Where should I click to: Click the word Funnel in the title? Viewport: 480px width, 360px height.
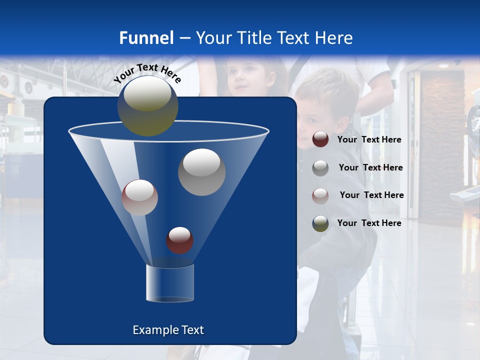coord(146,38)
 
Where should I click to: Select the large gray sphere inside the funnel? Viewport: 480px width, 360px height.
coord(201,172)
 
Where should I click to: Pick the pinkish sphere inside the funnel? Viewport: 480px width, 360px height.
coord(139,197)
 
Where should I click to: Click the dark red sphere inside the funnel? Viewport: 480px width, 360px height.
coord(179,240)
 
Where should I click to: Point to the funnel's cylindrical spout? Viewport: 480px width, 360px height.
coord(169,283)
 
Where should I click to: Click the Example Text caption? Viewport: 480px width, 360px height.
coord(168,330)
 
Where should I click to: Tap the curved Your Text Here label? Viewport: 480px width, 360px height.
coord(147,72)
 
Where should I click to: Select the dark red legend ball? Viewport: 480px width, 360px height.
coord(320,139)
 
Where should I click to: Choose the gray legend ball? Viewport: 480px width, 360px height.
coord(320,167)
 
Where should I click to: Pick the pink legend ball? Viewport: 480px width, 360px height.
coord(320,195)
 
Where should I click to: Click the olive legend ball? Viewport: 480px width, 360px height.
coord(320,223)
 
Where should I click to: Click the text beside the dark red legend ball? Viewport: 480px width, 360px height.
coord(369,140)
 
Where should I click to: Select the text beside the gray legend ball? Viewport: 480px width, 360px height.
coord(370,168)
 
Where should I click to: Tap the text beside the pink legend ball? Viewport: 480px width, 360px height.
coord(371,195)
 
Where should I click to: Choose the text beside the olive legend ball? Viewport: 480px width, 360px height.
coord(369,223)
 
